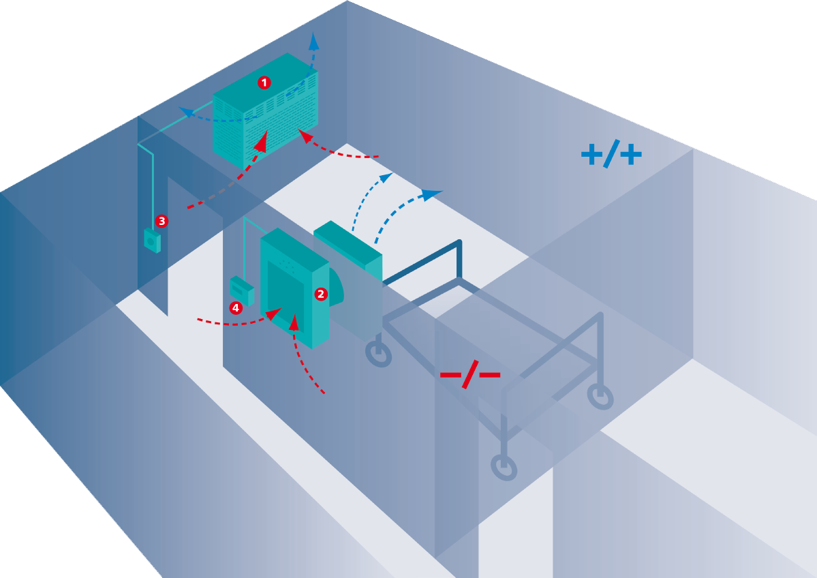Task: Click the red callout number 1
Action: [x=264, y=82]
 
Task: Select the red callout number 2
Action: [x=321, y=294]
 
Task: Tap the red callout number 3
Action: [x=161, y=221]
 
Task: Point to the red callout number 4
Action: [x=236, y=308]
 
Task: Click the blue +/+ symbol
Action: [x=611, y=154]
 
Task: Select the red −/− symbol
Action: [x=470, y=374]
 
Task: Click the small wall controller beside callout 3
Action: [x=152, y=241]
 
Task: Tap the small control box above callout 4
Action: [x=242, y=290]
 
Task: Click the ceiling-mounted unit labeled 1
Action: [x=265, y=110]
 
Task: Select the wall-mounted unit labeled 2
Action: [x=295, y=288]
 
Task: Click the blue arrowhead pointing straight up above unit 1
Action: [x=313, y=41]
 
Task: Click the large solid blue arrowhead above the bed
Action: [x=431, y=195]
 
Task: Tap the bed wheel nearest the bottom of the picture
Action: [x=504, y=467]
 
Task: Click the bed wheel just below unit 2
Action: [x=378, y=354]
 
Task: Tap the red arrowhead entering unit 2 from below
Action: [x=294, y=322]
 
